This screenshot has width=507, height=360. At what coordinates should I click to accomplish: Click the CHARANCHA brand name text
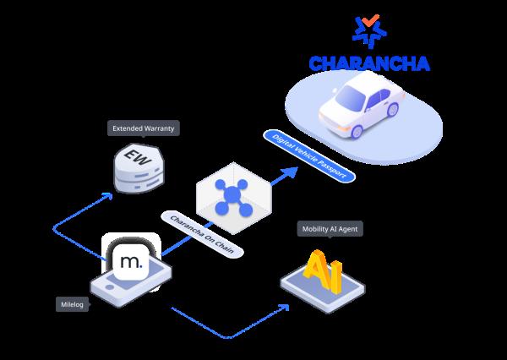(369, 64)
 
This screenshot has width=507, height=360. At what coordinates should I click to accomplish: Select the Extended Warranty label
(143, 129)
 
